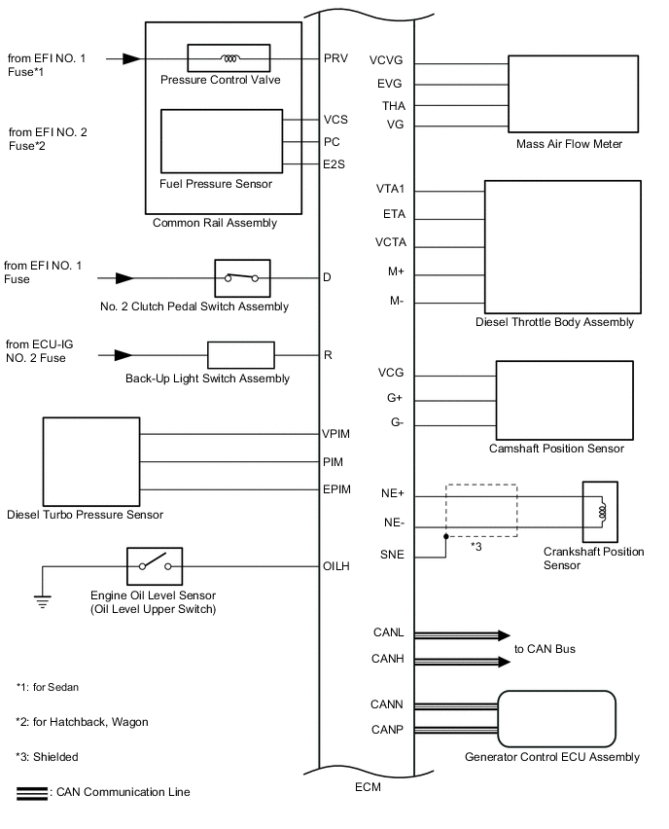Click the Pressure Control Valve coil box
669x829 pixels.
pyautogui.click(x=229, y=58)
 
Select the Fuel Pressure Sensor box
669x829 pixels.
pyautogui.click(x=222, y=141)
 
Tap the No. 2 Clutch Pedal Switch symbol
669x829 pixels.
pyautogui.click(x=242, y=278)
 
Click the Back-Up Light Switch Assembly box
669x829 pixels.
pyautogui.click(x=241, y=355)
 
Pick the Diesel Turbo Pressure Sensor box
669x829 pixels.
pyautogui.click(x=91, y=461)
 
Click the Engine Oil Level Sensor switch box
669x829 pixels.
pyautogui.click(x=155, y=566)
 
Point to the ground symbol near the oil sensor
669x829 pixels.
pyautogui.click(x=42, y=601)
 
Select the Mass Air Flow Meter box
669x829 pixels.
pyautogui.click(x=574, y=93)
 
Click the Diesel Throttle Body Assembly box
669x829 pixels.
pyautogui.click(x=563, y=247)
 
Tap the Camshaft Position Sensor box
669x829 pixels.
pyautogui.click(x=564, y=400)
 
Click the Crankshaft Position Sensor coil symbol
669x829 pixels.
pyautogui.click(x=600, y=512)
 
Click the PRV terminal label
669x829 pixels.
pyautogui.click(x=336, y=58)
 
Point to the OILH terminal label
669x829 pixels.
pyautogui.click(x=336, y=566)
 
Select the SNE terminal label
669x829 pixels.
pyautogui.click(x=392, y=555)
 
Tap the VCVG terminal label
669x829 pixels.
pyautogui.click(x=386, y=60)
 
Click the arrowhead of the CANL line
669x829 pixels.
pyautogui.click(x=504, y=635)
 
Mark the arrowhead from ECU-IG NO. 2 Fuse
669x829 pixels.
pyautogui.click(x=123, y=355)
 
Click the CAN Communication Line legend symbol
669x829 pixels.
pyautogui.click(x=32, y=794)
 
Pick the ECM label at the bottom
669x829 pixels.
pyautogui.click(x=368, y=787)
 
